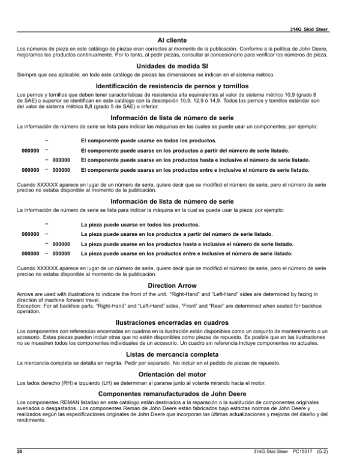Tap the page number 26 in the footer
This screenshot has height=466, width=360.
click(x=19, y=450)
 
